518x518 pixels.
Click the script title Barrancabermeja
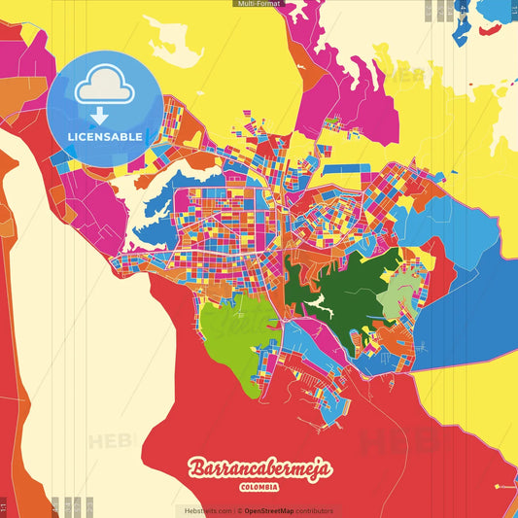point(259,468)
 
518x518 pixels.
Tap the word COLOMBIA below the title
point(259,487)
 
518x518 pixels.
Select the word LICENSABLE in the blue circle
point(104,137)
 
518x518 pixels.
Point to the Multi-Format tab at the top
point(259,4)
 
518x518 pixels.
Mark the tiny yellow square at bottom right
point(497,486)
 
